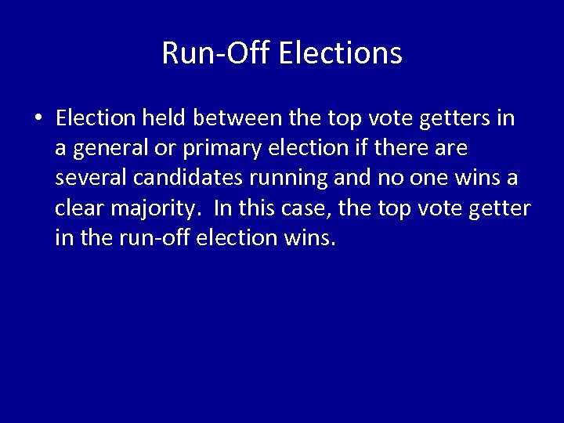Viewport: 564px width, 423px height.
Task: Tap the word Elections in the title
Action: (340, 53)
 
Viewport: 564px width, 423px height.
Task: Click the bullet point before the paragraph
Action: (38, 119)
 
